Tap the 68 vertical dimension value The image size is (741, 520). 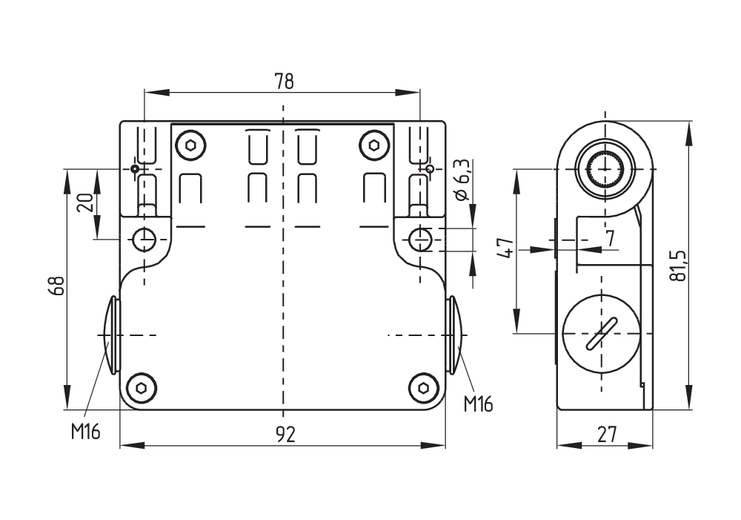pyautogui.click(x=57, y=286)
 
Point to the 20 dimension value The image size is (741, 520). pyautogui.click(x=85, y=203)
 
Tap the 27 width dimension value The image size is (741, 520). pyautogui.click(x=606, y=435)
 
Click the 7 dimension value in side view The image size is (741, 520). pyautogui.click(x=610, y=238)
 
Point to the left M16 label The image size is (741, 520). pyautogui.click(x=85, y=432)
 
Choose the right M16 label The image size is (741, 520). pyautogui.click(x=478, y=404)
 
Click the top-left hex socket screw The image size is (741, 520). pyautogui.click(x=191, y=145)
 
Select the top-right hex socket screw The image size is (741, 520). pyautogui.click(x=373, y=145)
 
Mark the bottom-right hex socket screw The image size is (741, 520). pyautogui.click(x=423, y=387)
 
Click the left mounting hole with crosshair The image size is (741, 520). pyautogui.click(x=144, y=240)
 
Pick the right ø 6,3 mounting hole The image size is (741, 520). pyautogui.click(x=422, y=239)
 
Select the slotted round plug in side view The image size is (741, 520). pyautogui.click(x=601, y=335)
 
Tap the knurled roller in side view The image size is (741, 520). pyautogui.click(x=605, y=170)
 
